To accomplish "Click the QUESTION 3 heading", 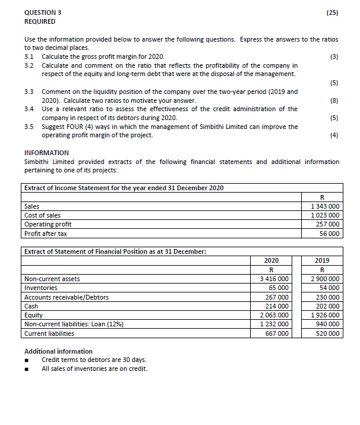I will tap(43, 11).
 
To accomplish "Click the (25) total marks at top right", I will tap(332, 11).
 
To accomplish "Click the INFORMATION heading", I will tap(46, 153).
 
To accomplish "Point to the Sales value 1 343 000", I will tap(326, 206).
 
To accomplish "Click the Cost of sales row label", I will tap(42, 215).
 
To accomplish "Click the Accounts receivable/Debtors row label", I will tap(67, 297).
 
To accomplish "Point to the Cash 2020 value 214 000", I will tap(279, 306).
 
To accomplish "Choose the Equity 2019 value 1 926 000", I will tap(326, 315).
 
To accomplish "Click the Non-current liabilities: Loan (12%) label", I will tap(69, 324).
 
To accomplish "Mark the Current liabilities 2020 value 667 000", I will tap(279, 333).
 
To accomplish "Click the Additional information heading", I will tap(58, 351).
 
